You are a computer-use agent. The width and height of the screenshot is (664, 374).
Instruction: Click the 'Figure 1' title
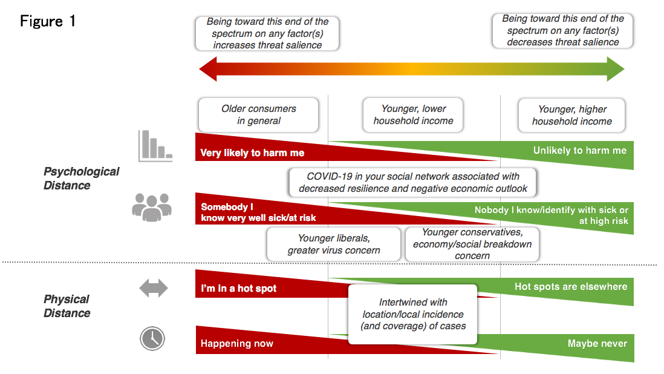48,21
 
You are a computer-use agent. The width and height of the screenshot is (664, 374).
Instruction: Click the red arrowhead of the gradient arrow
208,70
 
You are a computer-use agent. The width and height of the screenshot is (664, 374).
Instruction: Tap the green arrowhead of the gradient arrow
616,70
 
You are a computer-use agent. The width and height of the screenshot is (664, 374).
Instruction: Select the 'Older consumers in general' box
258,115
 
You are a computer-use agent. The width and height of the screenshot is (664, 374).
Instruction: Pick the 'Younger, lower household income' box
413,115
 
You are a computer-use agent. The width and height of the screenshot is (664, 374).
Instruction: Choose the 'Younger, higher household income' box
571,115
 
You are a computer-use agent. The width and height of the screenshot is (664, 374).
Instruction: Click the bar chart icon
155,146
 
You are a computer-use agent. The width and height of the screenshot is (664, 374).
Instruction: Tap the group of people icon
152,206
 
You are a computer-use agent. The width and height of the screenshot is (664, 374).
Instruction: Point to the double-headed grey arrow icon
153,288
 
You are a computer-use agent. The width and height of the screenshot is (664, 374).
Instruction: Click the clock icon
152,338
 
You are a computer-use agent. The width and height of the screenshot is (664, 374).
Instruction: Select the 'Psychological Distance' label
81,179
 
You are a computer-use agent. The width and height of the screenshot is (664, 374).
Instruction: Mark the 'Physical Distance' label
67,306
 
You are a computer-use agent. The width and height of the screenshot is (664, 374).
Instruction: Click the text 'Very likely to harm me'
252,153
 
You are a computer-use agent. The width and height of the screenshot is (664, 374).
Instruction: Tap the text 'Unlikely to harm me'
580,150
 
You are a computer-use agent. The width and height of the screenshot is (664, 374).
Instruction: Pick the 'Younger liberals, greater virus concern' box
334,244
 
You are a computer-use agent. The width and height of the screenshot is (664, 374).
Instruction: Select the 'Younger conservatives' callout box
472,244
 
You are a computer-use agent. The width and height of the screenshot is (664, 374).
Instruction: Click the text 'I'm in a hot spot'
238,289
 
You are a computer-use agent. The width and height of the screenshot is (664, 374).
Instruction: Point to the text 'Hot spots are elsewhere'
571,286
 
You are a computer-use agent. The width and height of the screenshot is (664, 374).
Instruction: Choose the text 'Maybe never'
597,344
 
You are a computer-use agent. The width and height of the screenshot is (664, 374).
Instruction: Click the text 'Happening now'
237,344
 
